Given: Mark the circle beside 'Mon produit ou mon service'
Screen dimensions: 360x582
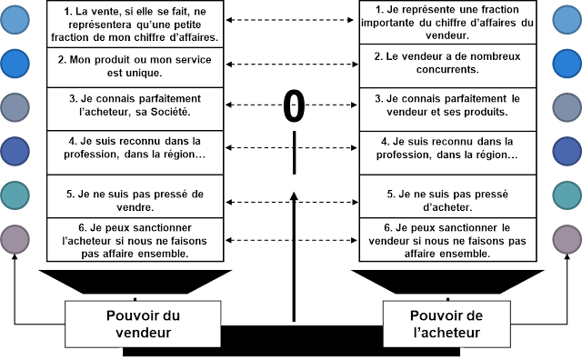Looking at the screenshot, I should (16, 63).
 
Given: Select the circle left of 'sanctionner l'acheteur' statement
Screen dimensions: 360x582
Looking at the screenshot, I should (16, 238).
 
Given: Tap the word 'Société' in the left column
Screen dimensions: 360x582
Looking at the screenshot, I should (173, 112).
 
